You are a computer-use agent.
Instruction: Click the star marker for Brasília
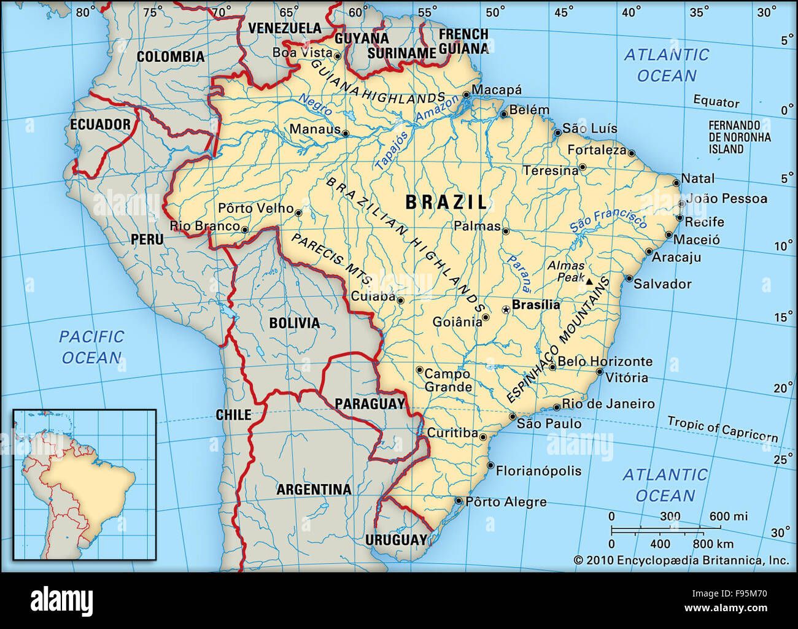506,310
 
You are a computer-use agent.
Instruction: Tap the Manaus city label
314,129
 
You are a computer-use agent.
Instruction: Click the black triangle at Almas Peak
589,282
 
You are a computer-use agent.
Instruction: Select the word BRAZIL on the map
446,202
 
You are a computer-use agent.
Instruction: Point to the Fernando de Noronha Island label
739,137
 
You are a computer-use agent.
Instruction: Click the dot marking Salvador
629,279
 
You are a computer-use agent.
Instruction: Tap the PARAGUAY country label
370,404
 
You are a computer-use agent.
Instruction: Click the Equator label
716,101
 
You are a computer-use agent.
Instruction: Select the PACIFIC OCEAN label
91,347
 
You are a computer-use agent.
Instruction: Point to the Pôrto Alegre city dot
458,501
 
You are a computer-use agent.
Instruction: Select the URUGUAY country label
396,540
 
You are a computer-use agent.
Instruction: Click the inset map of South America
85,484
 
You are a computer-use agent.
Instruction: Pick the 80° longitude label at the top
85,11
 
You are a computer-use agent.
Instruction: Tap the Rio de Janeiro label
608,404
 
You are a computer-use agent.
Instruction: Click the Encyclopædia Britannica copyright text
681,560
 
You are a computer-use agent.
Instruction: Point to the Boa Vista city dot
337,55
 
